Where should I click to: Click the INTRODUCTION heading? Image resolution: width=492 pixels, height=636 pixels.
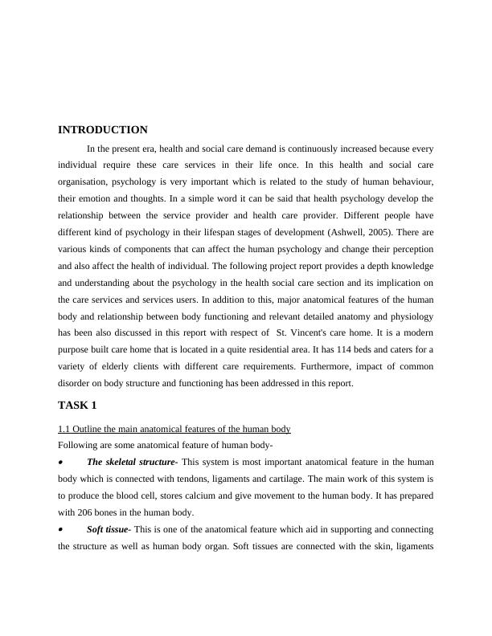103,130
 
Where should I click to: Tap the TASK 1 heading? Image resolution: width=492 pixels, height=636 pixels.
77,405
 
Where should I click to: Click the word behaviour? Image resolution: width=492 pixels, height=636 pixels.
410,181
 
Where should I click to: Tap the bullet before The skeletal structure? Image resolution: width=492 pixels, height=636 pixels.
61,463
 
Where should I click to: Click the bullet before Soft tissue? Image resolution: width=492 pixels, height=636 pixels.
61,530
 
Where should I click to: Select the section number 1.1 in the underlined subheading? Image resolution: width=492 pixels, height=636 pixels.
65,429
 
